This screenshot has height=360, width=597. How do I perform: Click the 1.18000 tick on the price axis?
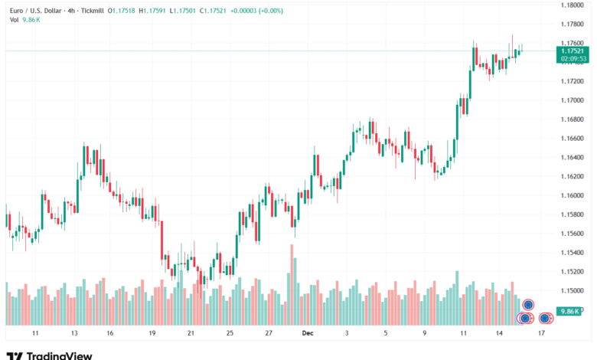(574, 5)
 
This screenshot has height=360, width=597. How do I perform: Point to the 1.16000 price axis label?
(574, 195)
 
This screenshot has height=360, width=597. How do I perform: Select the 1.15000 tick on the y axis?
(574, 290)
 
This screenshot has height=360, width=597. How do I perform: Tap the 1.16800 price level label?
(574, 119)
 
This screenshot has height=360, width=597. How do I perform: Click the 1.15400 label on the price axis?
(574, 253)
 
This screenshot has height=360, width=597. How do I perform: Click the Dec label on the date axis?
(308, 334)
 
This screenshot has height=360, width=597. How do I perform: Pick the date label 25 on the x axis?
(230, 334)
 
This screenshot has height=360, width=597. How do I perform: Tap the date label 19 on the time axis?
(152, 334)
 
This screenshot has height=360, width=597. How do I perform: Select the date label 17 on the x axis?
(542, 334)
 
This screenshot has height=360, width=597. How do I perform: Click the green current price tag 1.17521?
(573, 50)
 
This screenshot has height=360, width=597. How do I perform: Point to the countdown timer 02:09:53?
(573, 58)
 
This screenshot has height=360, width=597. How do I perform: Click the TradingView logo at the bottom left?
(49, 355)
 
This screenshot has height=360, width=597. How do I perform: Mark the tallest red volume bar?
(292, 283)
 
